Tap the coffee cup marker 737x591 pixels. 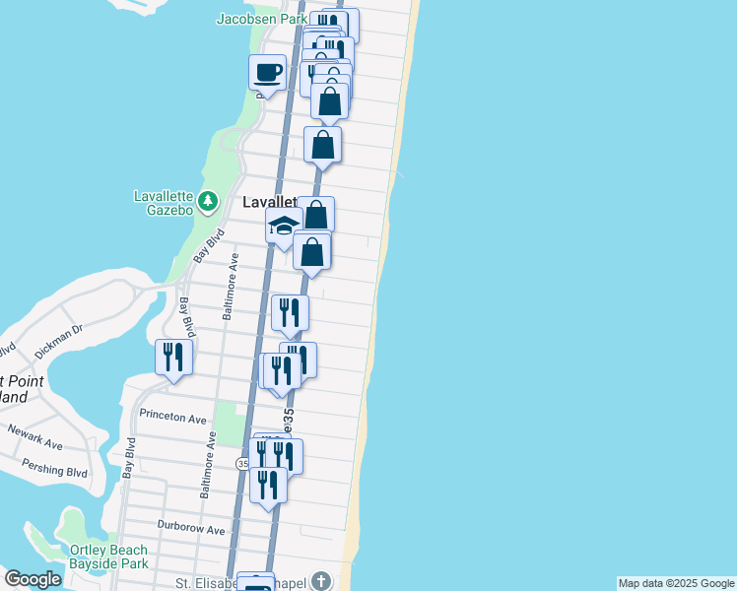pos(267,72)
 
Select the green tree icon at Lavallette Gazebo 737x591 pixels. pos(207,202)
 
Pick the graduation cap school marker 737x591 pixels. pos(283,227)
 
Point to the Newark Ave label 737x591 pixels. pos(35,437)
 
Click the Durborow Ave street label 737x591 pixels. pos(192,528)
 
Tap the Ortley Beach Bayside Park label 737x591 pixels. pos(107,557)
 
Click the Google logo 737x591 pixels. pos(33,579)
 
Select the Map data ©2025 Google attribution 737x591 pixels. pos(676,583)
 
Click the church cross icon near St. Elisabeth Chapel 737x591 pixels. pos(321,581)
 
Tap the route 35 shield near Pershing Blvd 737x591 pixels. pos(242,462)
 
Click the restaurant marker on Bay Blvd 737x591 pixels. pos(173,358)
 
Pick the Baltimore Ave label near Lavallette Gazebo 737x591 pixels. pos(230,286)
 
